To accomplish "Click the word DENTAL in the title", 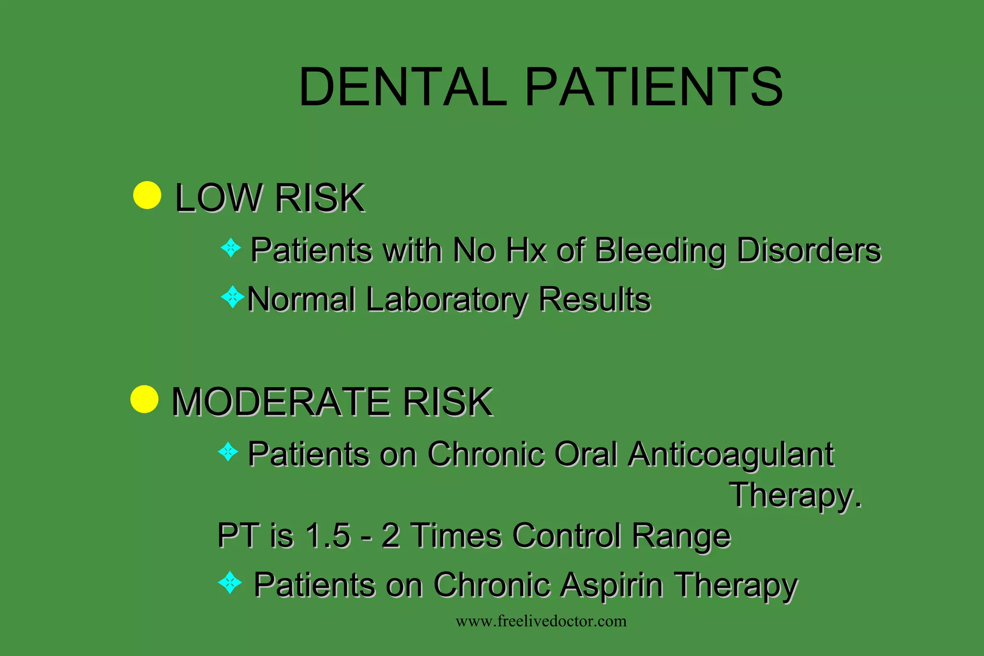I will pos(403,87).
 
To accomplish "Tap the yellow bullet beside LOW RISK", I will pos(147,195).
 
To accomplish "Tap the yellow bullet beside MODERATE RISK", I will pos(144,399).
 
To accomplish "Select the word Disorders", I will pos(809,250).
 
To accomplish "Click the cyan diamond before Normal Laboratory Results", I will pos(233,297).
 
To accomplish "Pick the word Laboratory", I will pos(446,300).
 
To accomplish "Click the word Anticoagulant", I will pos(731,454).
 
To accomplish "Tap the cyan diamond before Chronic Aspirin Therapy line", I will pos(230,583).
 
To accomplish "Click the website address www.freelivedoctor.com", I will pos(541,621).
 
